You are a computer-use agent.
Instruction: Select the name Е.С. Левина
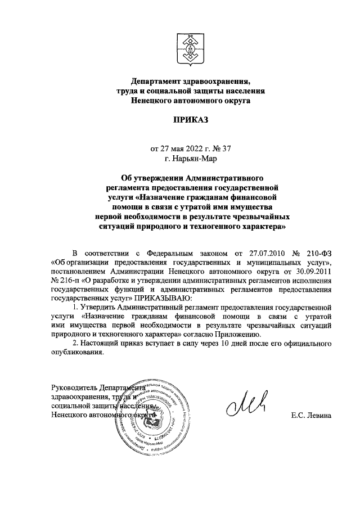(x=312, y=416)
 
